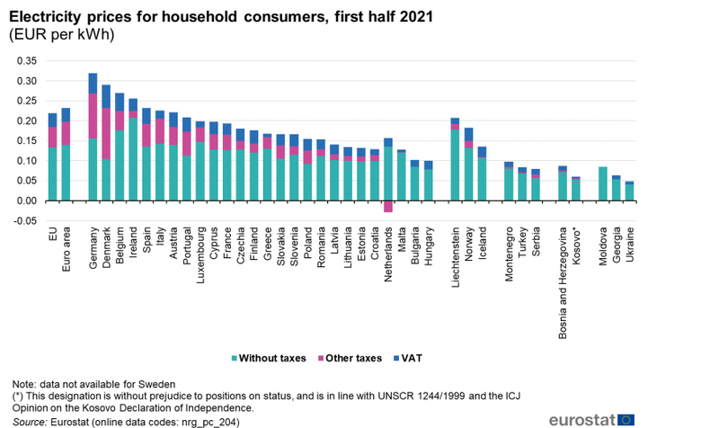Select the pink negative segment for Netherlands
click(388, 206)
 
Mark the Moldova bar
click(602, 183)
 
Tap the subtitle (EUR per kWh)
click(61, 34)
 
